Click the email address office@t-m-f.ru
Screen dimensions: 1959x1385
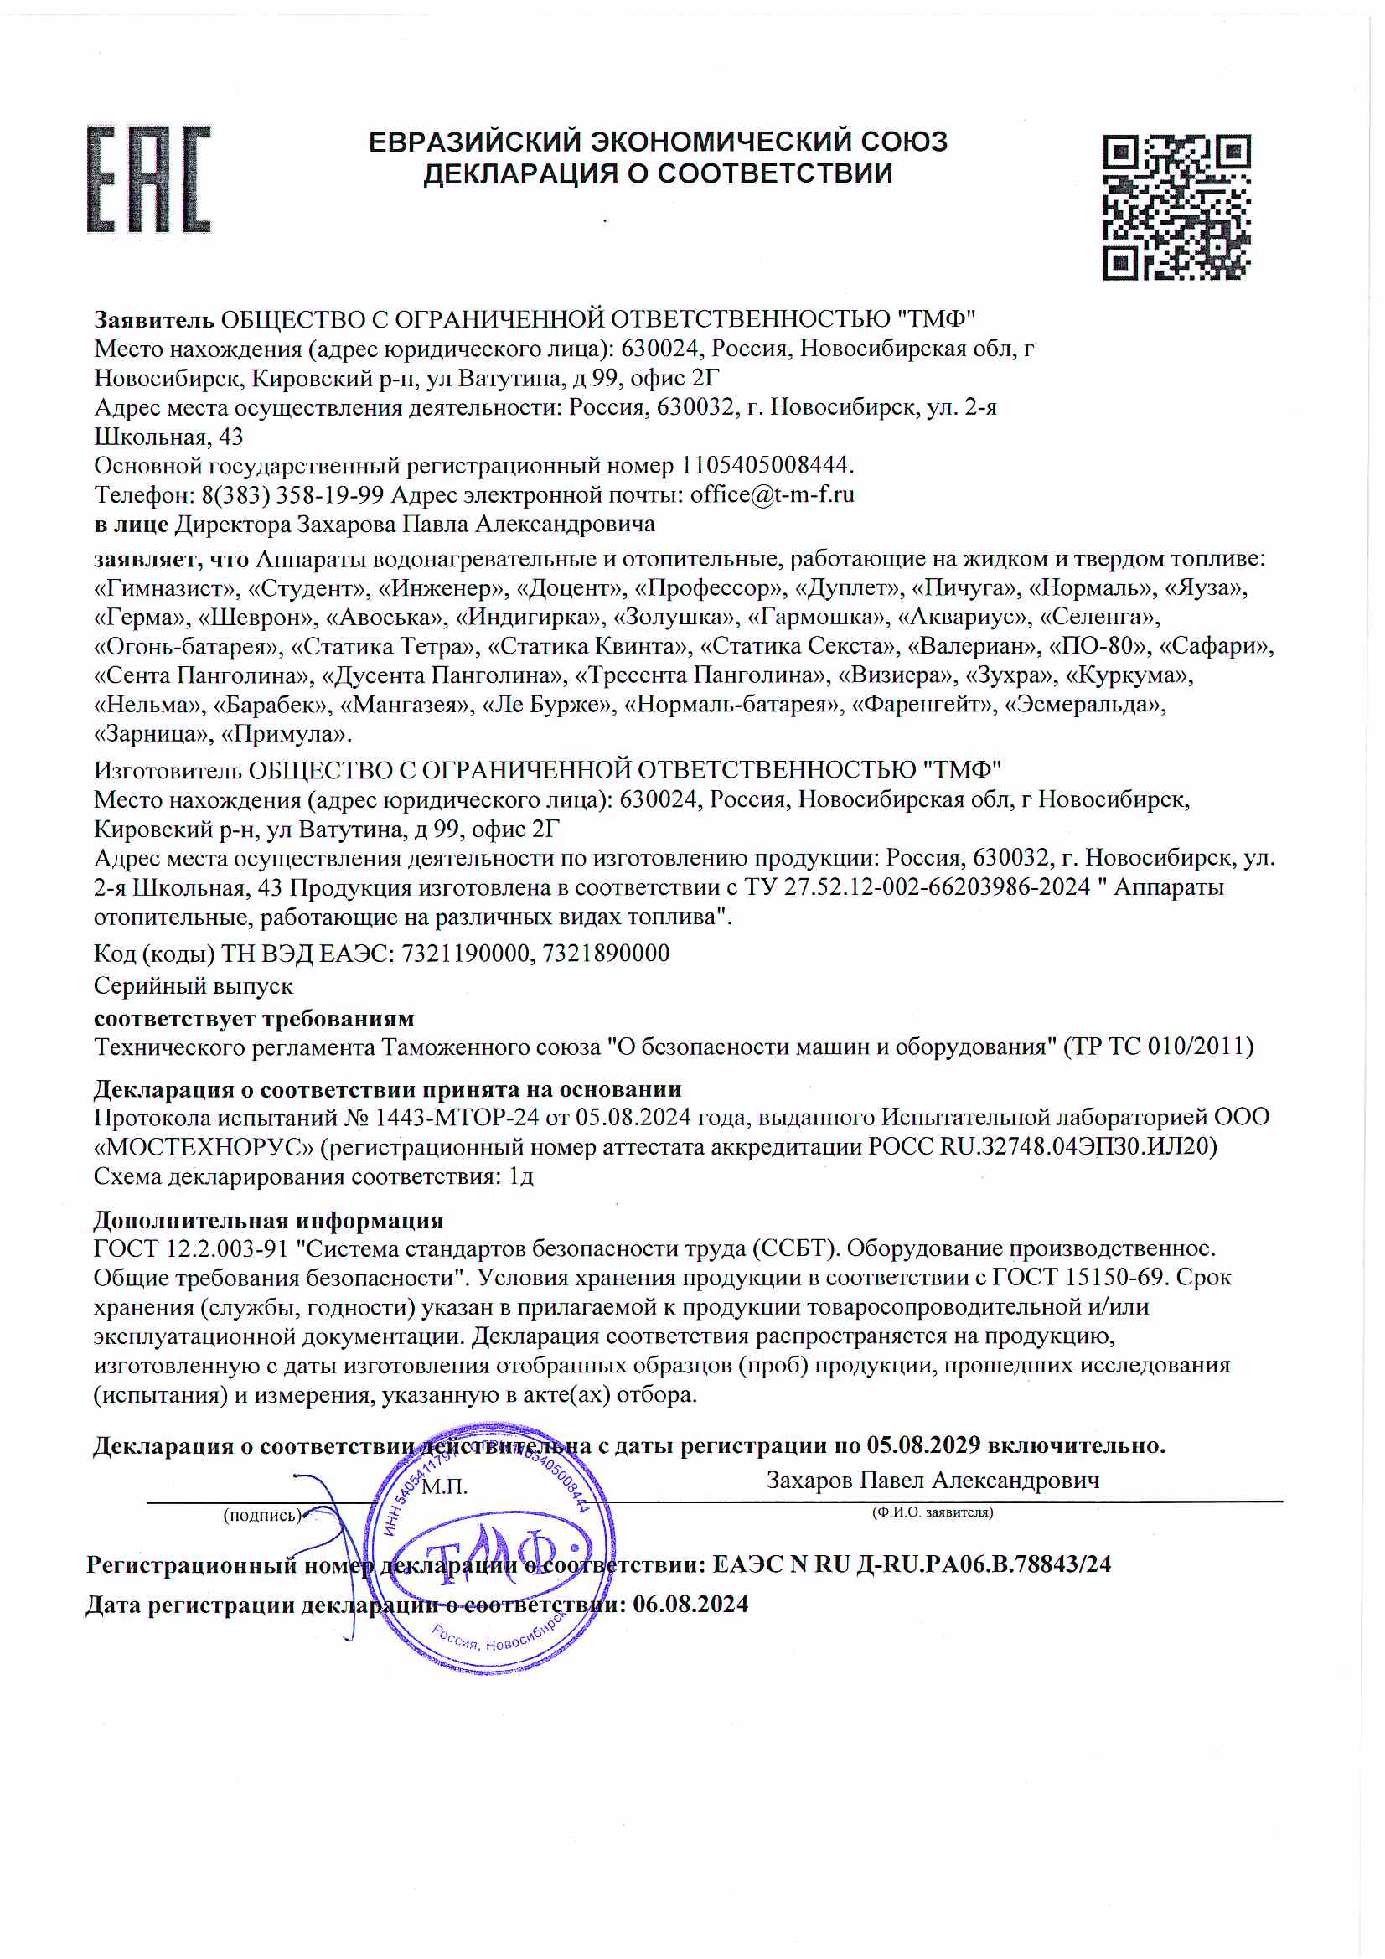click(x=772, y=494)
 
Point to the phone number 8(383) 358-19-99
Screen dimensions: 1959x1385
click(x=292, y=494)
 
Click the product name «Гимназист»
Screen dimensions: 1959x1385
click(x=167, y=588)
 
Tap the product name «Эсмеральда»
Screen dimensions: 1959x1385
click(x=1086, y=705)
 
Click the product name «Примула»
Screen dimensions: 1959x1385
click(x=285, y=734)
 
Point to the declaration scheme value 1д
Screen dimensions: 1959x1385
click(x=520, y=1176)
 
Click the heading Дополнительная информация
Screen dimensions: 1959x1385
click(x=268, y=1220)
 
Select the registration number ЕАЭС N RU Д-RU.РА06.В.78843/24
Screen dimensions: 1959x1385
click(x=911, y=1564)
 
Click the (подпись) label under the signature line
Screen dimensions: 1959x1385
click(x=262, y=1515)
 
